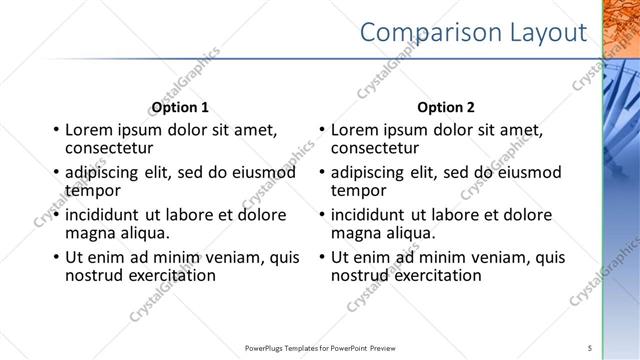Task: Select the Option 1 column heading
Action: click(180, 107)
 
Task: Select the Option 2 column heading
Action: click(446, 107)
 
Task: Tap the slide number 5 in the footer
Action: click(590, 347)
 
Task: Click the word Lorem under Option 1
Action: click(89, 130)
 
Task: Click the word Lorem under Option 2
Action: click(355, 130)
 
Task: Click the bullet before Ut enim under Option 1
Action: click(55, 257)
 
